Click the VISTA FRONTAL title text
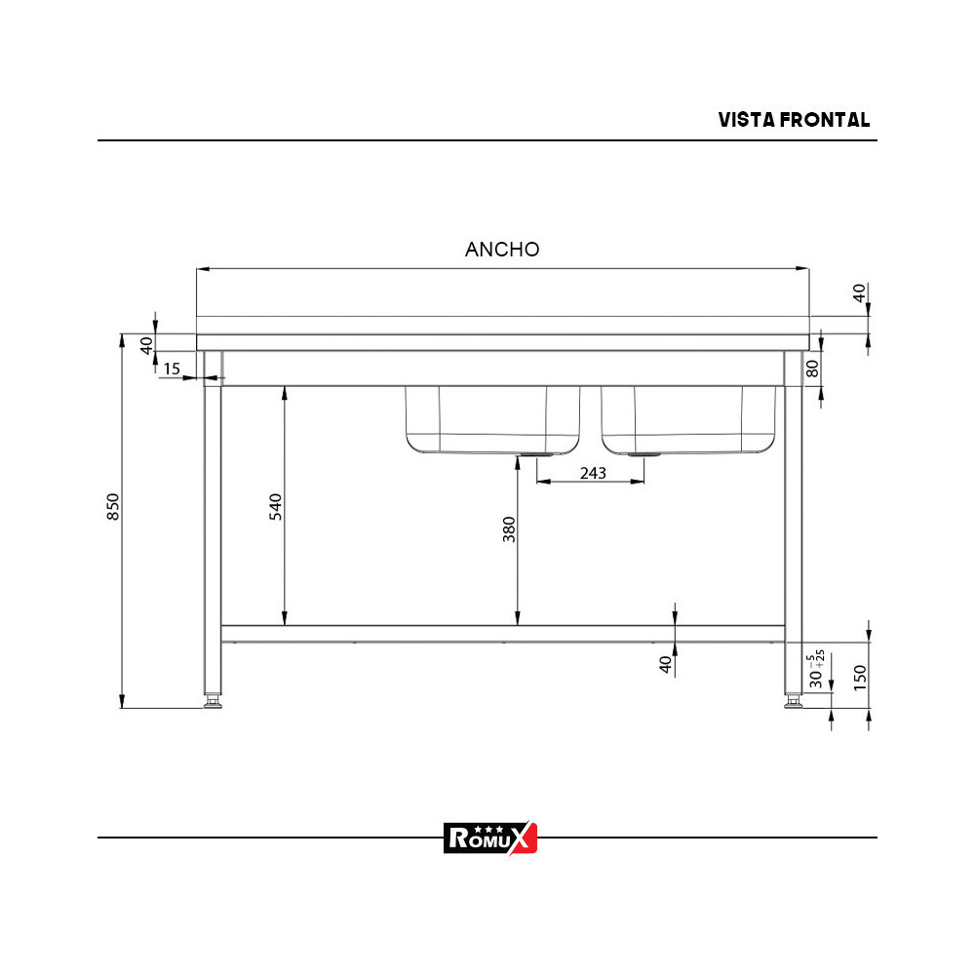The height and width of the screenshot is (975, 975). (x=794, y=120)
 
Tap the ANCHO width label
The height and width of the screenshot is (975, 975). (x=502, y=249)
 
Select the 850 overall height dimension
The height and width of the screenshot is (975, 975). (x=113, y=507)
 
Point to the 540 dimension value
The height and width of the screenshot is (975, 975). (x=275, y=507)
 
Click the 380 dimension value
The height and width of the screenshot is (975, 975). (x=508, y=529)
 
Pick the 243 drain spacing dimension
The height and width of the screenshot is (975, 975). (x=593, y=473)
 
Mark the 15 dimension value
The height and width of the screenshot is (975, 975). (x=172, y=369)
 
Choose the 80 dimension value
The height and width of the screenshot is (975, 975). (x=811, y=369)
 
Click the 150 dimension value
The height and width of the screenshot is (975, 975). (x=859, y=678)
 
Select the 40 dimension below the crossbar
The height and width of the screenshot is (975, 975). (x=665, y=665)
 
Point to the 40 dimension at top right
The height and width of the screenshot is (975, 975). (x=859, y=293)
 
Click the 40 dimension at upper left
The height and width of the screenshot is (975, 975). (x=146, y=345)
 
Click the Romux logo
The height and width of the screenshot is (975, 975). (x=490, y=837)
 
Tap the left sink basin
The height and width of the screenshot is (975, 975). (x=492, y=419)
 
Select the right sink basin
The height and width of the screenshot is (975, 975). (x=689, y=419)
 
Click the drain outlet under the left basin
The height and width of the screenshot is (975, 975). (x=534, y=455)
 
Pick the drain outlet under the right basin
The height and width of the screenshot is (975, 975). (x=643, y=455)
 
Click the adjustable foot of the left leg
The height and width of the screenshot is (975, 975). (x=213, y=701)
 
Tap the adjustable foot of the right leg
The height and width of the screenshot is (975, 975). (x=794, y=701)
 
